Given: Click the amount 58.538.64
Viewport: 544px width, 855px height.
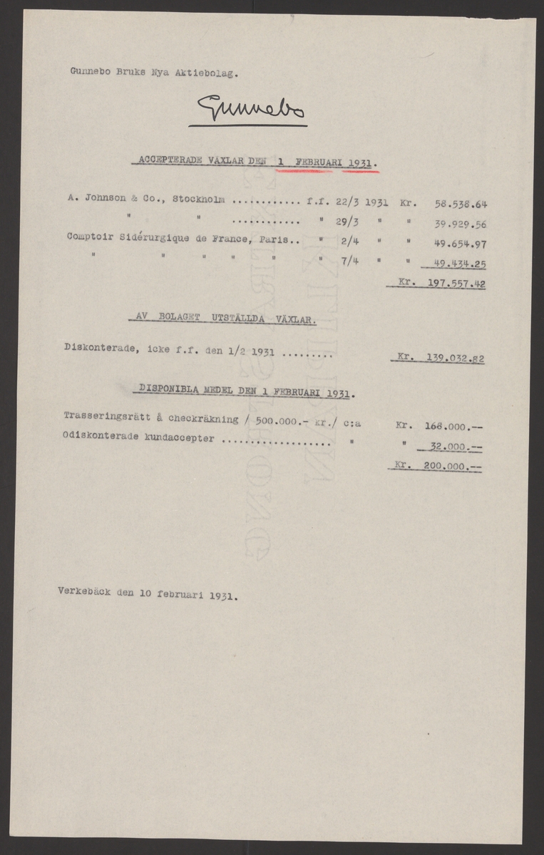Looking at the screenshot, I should pos(461,203).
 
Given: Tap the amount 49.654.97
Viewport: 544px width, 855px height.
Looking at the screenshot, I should pos(461,243).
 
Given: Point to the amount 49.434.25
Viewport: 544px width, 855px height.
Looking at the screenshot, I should pos(461,264).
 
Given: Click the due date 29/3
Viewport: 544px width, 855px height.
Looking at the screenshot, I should pos(347,222).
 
